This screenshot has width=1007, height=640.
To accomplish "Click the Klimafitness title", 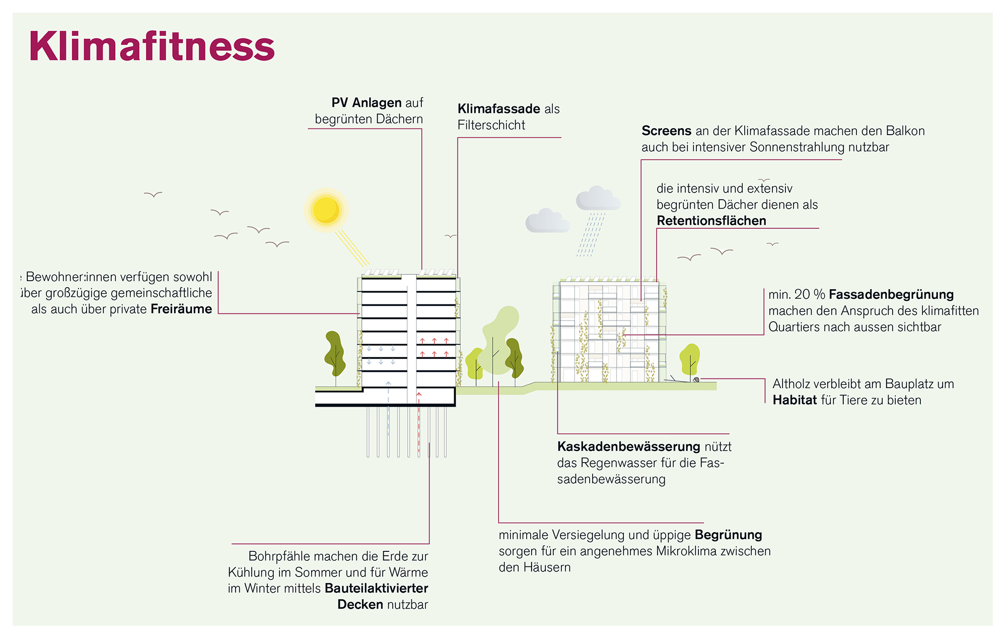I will tap(152, 46).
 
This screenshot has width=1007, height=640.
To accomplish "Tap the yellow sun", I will tap(326, 210).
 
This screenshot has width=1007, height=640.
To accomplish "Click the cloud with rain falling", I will tap(598, 199).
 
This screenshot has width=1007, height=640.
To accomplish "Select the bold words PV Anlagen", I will tap(366, 103).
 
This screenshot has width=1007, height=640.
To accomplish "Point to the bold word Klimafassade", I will tap(498, 109).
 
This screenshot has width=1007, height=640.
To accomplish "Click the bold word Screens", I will tap(666, 131).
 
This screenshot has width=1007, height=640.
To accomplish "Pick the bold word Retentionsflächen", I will tap(711, 221).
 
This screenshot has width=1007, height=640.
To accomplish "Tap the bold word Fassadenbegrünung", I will tap(891, 294).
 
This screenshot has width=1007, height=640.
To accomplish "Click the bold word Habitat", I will tap(795, 400).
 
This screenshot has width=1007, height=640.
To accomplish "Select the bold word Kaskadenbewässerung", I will tap(628, 446).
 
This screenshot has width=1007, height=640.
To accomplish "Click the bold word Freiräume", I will tap(181, 309).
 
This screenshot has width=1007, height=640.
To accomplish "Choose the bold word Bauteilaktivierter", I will tap(376, 588).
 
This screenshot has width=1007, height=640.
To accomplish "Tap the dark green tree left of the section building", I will tap(335, 354).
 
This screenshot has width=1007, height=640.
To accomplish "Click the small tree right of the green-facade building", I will tap(690, 359).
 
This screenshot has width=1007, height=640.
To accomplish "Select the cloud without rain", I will tap(547, 221).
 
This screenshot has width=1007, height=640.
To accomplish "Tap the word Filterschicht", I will tap(491, 125).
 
